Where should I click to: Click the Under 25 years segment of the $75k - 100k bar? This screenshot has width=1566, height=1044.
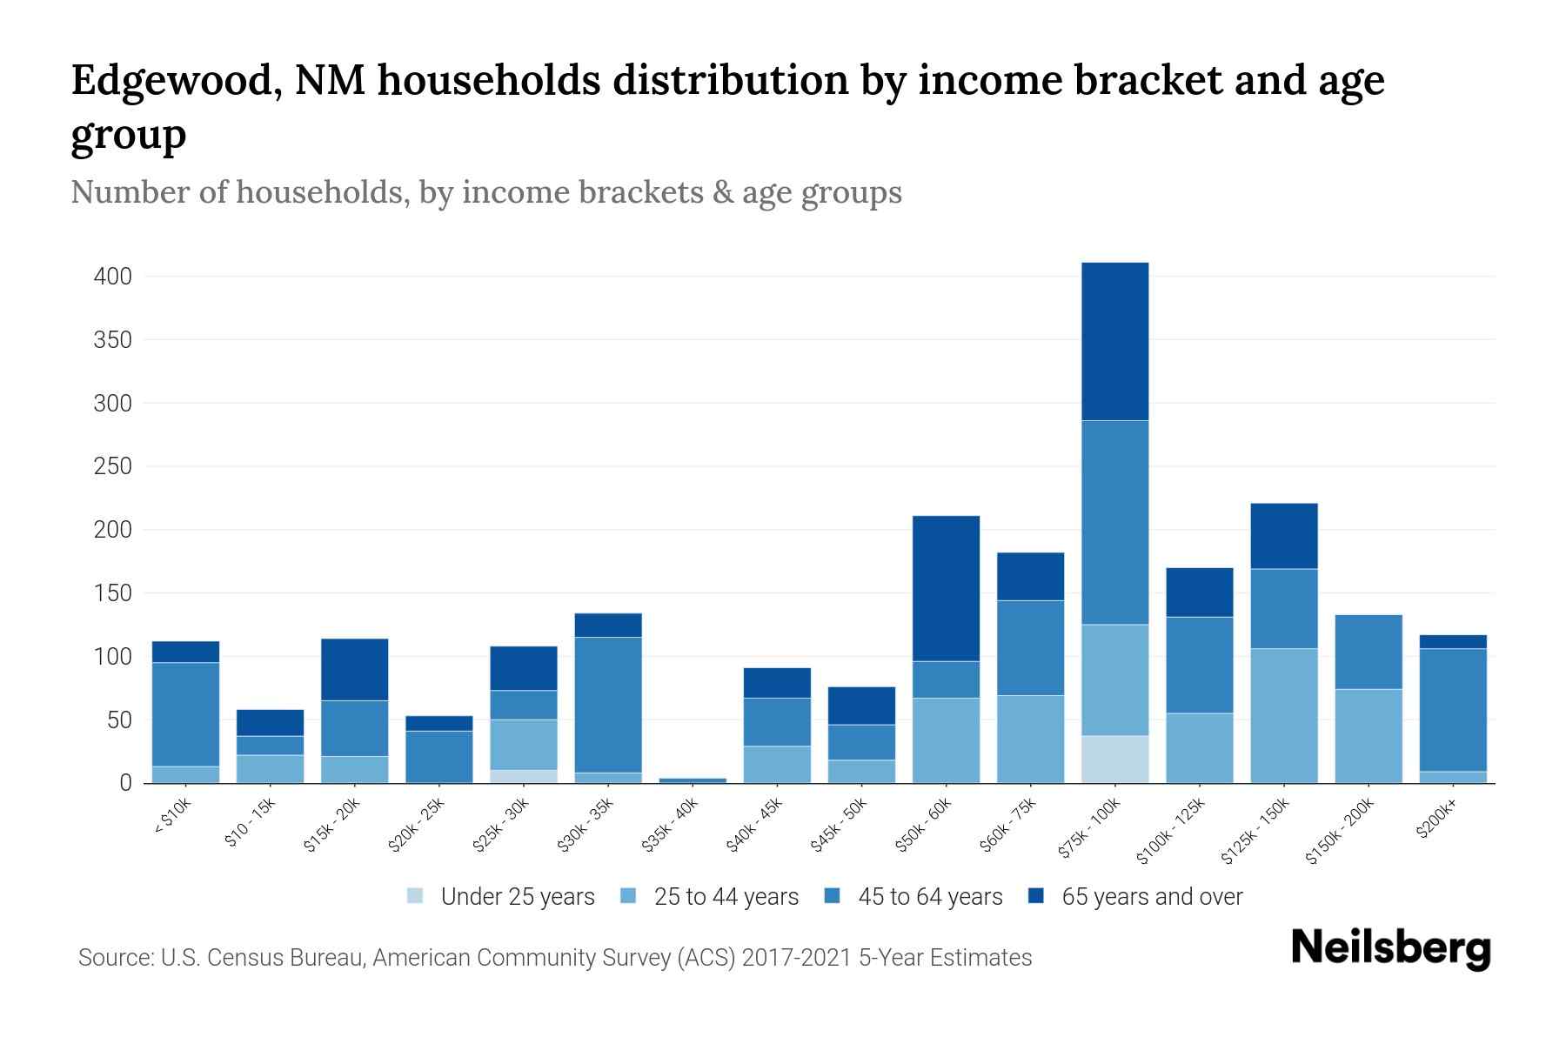(1114, 760)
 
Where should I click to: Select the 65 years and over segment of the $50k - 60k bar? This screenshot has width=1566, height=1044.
(946, 588)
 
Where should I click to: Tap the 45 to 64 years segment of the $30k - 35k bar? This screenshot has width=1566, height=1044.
(608, 705)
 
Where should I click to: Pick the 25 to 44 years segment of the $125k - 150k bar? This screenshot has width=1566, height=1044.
(1283, 715)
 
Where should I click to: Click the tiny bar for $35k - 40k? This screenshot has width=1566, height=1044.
(693, 780)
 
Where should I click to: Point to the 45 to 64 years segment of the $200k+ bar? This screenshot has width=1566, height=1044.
(1452, 710)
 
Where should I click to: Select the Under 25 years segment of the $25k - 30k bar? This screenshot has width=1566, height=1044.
(524, 776)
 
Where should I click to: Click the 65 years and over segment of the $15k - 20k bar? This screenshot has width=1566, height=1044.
(355, 669)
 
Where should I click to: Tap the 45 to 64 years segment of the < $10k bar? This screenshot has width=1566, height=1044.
(185, 714)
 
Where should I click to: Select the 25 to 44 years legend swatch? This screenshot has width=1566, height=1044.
(628, 896)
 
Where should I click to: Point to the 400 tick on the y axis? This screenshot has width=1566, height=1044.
(113, 277)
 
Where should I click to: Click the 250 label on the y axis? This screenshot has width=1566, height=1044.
(113, 466)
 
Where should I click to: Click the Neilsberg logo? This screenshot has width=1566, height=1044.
(1390, 948)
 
